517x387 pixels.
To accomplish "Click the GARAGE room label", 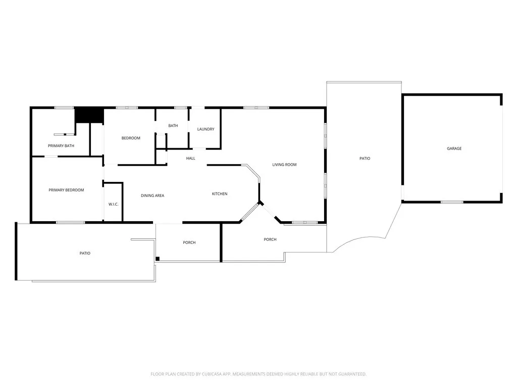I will click(454, 149).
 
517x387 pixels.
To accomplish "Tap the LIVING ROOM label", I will click(284, 165).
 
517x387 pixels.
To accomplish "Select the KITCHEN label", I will click(219, 194).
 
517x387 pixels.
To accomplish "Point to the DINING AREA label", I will click(152, 196).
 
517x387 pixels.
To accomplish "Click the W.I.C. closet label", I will click(113, 204).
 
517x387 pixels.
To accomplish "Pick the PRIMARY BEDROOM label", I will click(66, 190).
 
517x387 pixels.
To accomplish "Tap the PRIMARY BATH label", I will click(61, 146).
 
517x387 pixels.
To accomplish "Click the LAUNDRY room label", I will click(205, 130).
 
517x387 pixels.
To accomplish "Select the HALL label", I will click(190, 158).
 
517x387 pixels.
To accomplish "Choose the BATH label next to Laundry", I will click(173, 126).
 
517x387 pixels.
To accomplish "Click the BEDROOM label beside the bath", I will click(131, 138).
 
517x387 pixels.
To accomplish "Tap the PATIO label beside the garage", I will click(365, 159).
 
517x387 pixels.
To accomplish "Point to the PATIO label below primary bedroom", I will click(85, 253).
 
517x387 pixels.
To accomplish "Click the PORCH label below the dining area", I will click(189, 243).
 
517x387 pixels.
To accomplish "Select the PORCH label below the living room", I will click(270, 239).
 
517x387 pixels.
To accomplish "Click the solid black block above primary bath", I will click(89, 115).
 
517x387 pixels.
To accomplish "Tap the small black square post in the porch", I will click(158, 259).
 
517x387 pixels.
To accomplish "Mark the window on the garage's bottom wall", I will click(452, 202).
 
